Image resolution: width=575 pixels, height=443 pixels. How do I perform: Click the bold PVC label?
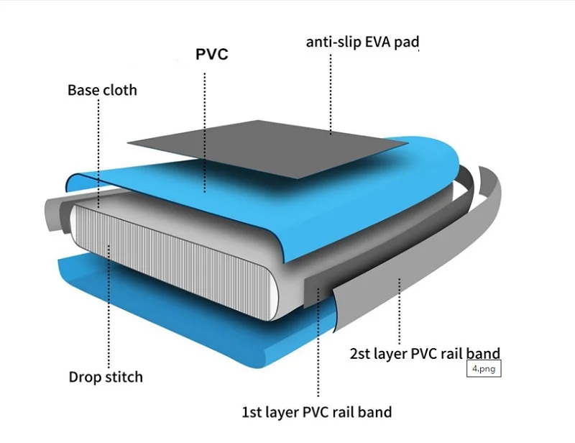tap(212, 55)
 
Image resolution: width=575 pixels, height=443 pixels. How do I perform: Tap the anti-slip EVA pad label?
tap(362, 42)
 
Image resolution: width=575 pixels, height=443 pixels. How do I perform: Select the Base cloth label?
tap(102, 90)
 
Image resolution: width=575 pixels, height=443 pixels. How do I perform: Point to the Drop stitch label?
tap(106, 377)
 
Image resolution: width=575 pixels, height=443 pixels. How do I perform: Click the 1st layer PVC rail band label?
tap(316, 412)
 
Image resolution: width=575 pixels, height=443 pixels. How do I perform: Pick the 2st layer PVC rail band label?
tap(425, 353)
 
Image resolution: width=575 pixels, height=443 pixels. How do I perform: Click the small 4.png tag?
tap(483, 370)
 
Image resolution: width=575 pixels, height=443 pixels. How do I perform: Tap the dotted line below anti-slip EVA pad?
tap(331, 93)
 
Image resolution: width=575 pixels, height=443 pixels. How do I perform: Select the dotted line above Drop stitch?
tap(109, 316)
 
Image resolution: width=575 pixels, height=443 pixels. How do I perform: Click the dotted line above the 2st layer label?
tap(400, 309)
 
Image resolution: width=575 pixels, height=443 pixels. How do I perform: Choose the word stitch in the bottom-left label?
tap(123, 377)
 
